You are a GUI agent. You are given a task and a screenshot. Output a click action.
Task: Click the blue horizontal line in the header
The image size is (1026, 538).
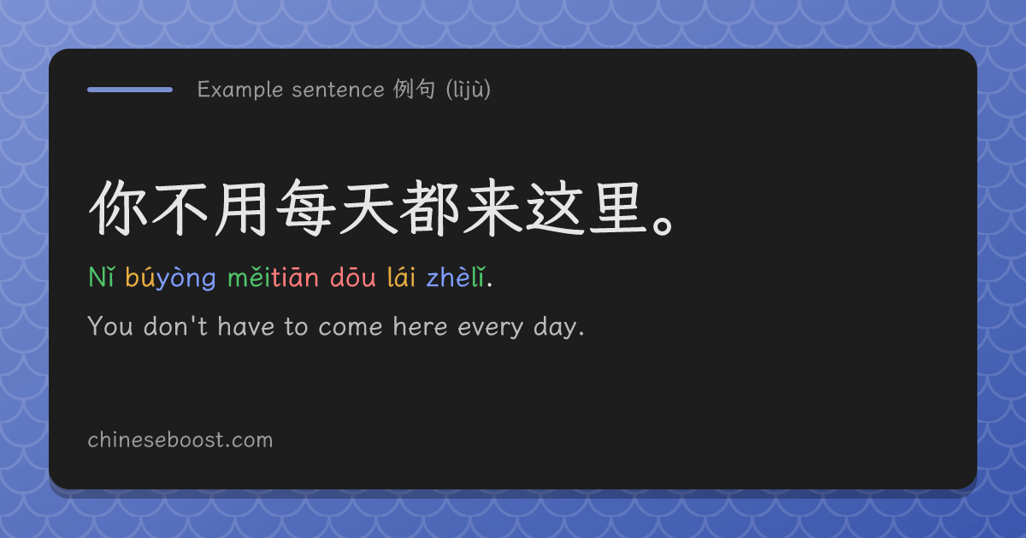pos(130,90)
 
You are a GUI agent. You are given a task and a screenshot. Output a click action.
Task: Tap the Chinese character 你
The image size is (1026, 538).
pos(118,208)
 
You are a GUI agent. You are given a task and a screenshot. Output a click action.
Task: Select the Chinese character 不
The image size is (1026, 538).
pos(180,208)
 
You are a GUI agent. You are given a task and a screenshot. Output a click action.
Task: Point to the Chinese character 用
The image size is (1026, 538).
pos(241,208)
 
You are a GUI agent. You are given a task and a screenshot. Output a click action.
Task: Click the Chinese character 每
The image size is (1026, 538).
pos(304,208)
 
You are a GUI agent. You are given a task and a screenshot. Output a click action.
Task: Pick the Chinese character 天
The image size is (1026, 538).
pos(367,208)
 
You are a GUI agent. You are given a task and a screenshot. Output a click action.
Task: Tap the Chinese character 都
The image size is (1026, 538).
pos(428,208)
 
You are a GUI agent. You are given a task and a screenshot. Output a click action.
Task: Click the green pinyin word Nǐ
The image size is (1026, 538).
pos(102,277)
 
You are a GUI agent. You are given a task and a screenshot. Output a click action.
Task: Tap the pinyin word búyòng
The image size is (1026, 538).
pos(170,278)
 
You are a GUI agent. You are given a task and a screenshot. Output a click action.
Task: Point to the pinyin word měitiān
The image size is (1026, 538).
pos(273,277)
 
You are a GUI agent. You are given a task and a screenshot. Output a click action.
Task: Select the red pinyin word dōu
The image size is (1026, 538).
pos(352,277)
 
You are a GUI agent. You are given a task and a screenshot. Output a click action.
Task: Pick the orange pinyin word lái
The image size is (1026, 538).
pos(401,277)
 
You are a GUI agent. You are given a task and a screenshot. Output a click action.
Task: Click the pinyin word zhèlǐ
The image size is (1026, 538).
pos(455,277)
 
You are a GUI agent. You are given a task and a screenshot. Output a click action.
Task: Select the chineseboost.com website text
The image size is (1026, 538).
pos(180,440)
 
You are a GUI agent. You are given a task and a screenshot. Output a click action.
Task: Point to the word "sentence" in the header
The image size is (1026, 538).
pos(338,90)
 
